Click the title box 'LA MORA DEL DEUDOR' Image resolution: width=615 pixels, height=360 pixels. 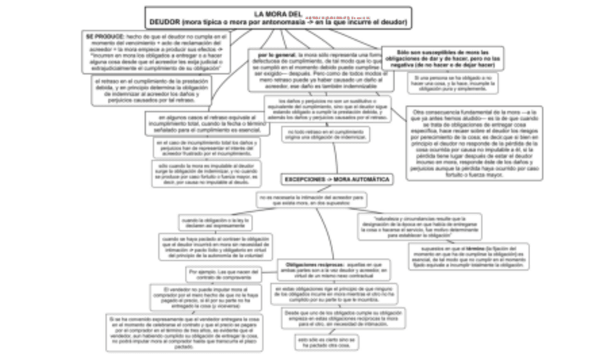click(278, 18)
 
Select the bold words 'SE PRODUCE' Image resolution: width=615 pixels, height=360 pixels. click(100, 35)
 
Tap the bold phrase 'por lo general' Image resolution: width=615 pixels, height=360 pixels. click(272, 55)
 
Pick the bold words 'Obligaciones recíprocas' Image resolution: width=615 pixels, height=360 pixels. click(310, 265)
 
